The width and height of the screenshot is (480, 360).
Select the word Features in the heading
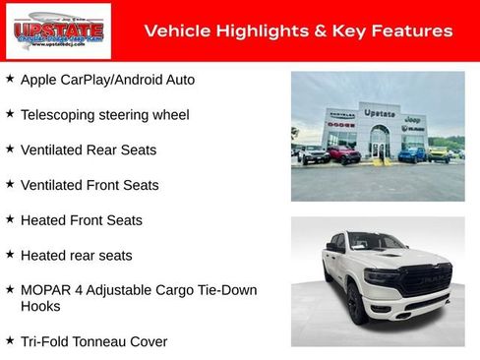pos(413,31)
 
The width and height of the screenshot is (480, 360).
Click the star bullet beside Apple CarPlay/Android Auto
pos(10,78)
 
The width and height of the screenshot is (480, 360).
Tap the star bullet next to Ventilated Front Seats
pos(10,184)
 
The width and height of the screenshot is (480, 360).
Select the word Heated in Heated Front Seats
pos(44,220)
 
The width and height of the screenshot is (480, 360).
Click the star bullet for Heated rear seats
pos(10,255)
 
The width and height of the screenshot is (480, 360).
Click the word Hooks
pos(40,306)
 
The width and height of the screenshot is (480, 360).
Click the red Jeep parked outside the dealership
pos(343,154)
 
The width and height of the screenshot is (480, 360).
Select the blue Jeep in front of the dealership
pos(413,154)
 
